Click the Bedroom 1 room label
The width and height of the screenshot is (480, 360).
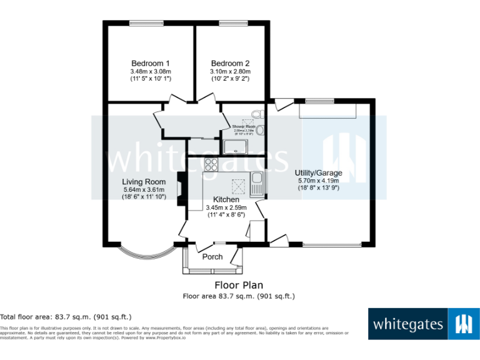coord(150,63)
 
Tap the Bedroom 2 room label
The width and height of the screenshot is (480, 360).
coord(230,63)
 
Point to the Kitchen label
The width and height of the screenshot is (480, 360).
coord(226,199)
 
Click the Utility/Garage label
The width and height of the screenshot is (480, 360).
coord(318,172)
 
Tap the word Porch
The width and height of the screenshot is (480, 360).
coord(212,256)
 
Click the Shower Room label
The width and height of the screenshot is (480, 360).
coord(243,126)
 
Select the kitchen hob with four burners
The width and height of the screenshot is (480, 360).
coord(211,166)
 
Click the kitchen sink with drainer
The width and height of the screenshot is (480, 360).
coord(256,184)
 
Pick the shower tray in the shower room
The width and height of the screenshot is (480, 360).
coord(236,146)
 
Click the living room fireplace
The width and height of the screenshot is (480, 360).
coord(181,189)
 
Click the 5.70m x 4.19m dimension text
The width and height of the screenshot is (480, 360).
coord(318,181)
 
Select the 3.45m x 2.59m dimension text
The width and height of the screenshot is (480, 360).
coord(226,207)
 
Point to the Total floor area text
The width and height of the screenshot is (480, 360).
coord(66,317)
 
